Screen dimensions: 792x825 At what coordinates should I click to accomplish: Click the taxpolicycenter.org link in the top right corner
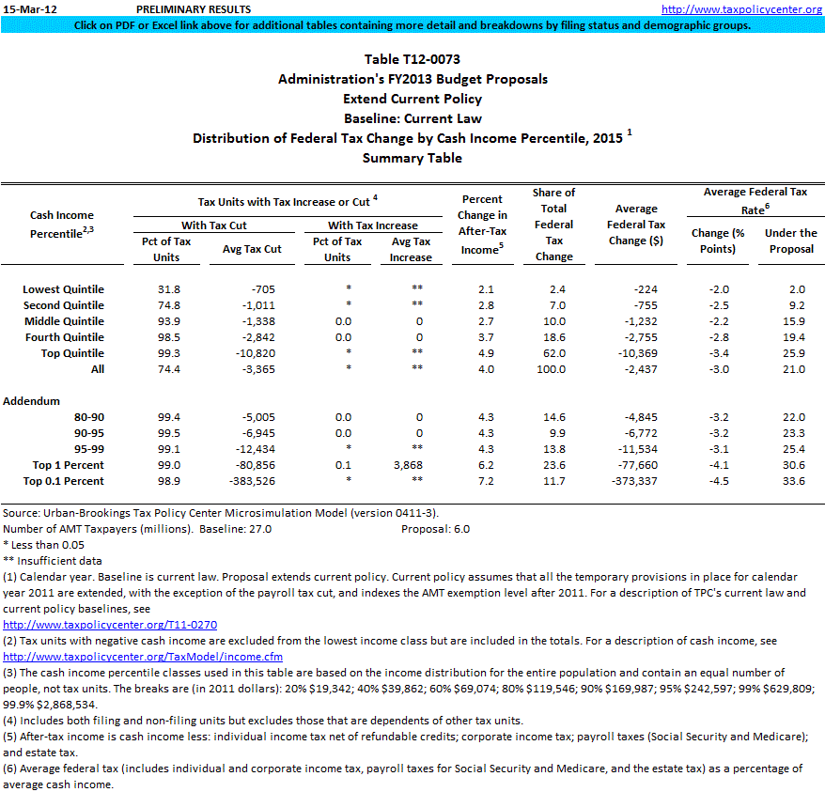(x=741, y=9)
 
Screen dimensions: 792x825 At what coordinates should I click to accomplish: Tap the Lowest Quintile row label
(x=64, y=289)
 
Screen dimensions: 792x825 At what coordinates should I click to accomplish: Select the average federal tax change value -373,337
(x=635, y=481)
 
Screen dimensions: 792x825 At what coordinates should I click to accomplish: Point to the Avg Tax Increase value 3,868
(x=412, y=465)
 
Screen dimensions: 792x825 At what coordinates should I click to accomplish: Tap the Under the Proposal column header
(x=790, y=241)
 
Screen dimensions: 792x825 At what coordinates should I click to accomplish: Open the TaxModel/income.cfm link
(x=143, y=657)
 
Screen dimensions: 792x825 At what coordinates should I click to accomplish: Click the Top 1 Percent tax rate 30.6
(x=794, y=465)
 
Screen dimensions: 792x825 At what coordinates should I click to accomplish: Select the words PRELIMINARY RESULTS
(x=193, y=9)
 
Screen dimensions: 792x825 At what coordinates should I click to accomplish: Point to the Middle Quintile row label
(x=64, y=321)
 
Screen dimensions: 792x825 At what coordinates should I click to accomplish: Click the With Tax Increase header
(x=372, y=225)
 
